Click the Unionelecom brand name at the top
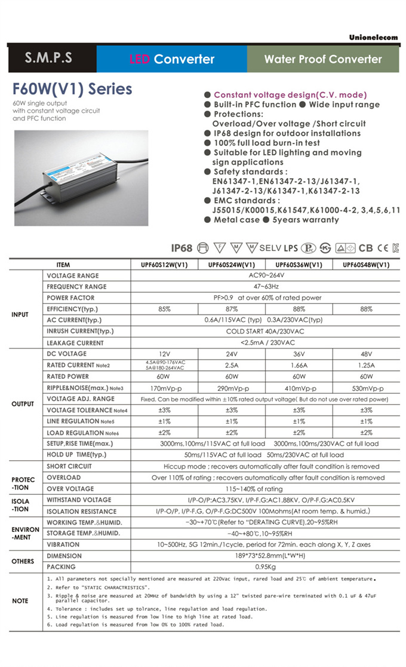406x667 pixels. click(x=373, y=37)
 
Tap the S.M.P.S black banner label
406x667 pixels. click(x=49, y=59)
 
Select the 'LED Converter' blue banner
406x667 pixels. click(x=172, y=59)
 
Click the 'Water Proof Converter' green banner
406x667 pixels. click(x=323, y=59)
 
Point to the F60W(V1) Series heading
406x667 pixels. click(x=72, y=90)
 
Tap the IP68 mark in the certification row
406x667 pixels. click(x=182, y=248)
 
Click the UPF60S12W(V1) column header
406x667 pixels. click(x=165, y=265)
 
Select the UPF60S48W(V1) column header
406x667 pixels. click(x=366, y=265)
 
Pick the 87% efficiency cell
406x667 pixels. click(x=232, y=309)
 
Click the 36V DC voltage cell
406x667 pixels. click(x=299, y=354)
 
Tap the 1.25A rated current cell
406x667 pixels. click(x=366, y=365)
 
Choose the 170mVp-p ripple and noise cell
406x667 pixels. click(x=165, y=388)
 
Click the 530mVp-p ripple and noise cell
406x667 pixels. click(x=366, y=388)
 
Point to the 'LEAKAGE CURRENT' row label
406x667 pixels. click(x=75, y=343)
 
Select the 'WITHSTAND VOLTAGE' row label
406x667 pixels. click(x=79, y=500)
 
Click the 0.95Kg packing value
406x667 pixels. click(x=264, y=567)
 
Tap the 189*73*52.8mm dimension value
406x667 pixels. click(x=264, y=556)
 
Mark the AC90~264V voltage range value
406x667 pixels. click(x=264, y=276)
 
